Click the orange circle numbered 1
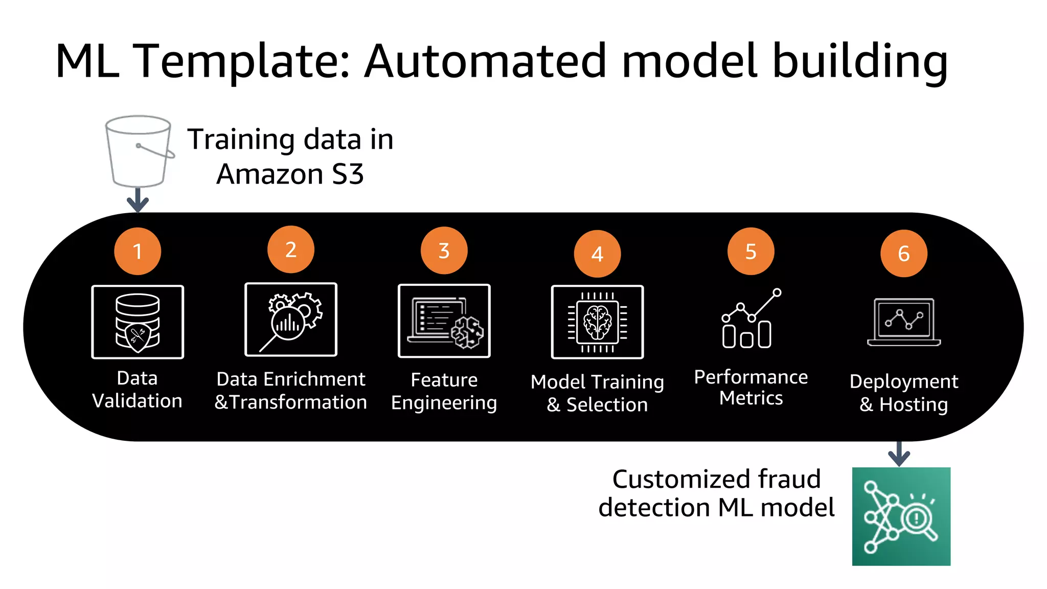(138, 251)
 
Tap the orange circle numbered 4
(597, 254)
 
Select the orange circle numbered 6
(903, 253)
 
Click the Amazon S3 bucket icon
(139, 151)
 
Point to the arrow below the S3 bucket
(138, 200)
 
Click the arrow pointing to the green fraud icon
(899, 454)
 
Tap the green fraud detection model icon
(901, 516)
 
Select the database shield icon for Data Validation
(138, 322)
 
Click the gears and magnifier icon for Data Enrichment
(291, 320)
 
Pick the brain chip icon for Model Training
(597, 322)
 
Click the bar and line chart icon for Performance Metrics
(750, 319)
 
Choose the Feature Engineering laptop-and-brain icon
(444, 321)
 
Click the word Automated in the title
(486, 61)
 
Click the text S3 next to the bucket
(348, 174)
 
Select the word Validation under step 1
(137, 400)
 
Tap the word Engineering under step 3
(444, 403)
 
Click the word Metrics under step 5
(750, 398)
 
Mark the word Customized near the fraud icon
(680, 479)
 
